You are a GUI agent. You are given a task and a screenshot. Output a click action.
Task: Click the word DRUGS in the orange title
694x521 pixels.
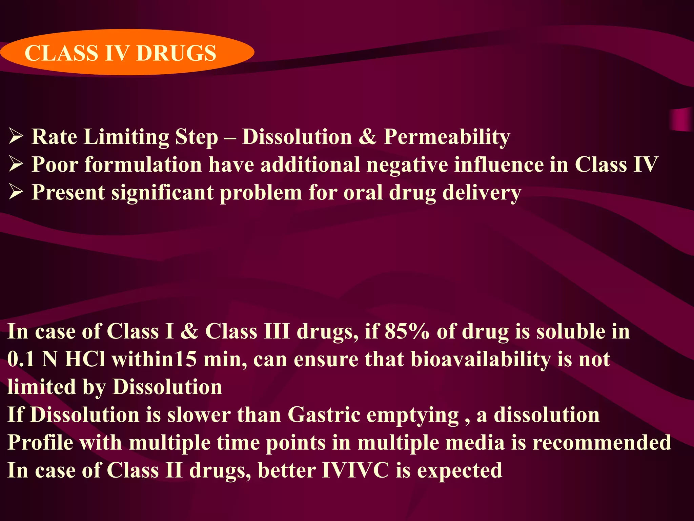(x=176, y=53)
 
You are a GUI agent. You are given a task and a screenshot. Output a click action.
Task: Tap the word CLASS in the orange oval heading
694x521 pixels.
(x=61, y=53)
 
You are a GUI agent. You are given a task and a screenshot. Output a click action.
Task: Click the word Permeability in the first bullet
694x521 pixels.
(x=447, y=137)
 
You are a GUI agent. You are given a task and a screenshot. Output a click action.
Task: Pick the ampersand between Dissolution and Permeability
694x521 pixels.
(x=368, y=137)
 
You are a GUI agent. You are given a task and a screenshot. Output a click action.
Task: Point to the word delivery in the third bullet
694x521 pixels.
(x=482, y=193)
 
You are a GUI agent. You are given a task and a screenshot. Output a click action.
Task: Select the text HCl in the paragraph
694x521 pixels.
(x=85, y=359)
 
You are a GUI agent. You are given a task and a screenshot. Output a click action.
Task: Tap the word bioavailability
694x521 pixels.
(x=481, y=359)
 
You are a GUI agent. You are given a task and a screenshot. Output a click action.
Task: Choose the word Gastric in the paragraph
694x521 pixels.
(x=324, y=415)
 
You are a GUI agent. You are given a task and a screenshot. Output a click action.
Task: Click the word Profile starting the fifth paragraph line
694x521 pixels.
(x=40, y=443)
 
